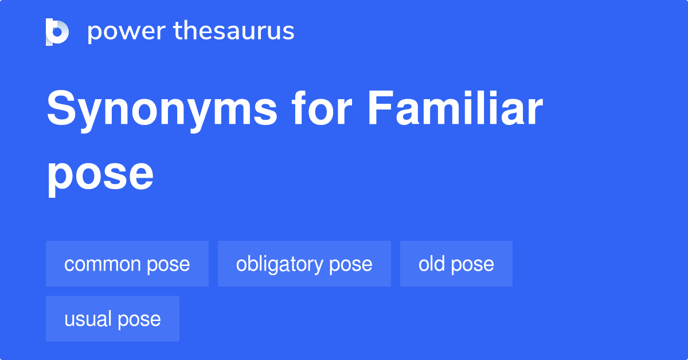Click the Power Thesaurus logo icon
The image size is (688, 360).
(x=57, y=32)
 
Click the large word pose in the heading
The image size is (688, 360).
(x=100, y=174)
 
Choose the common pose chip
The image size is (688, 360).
(x=127, y=264)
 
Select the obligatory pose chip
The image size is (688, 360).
(x=304, y=264)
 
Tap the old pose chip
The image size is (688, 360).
(x=456, y=264)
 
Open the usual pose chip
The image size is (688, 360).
(x=112, y=319)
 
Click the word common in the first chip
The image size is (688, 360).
(x=103, y=264)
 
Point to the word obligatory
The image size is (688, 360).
(x=280, y=264)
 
